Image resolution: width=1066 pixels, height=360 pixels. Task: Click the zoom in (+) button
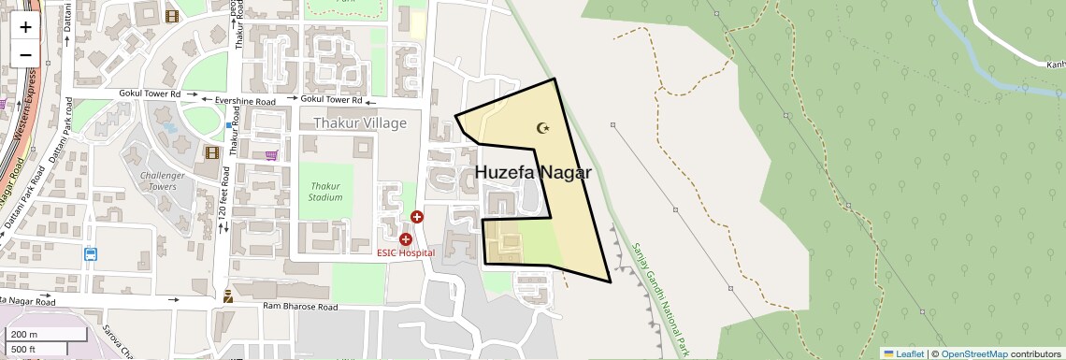25,26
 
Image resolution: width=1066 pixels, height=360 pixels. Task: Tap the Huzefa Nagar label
533,173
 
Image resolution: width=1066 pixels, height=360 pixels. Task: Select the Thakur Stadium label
325,192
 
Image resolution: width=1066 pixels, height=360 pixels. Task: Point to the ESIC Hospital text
406,252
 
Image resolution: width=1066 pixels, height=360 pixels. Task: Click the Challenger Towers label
158,180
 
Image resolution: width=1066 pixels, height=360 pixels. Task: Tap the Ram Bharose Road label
299,307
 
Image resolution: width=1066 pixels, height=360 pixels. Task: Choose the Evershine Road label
245,100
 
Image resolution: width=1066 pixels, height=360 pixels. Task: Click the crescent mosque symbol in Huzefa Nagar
542,127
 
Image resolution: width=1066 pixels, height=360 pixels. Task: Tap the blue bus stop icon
91,253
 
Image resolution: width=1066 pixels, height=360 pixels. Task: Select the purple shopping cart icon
271,156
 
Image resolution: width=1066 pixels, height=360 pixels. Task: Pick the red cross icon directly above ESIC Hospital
406,239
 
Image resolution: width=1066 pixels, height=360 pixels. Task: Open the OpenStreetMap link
973,353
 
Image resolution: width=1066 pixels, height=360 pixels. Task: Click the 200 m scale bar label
24,335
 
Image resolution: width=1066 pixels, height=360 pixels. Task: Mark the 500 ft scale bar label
24,350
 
